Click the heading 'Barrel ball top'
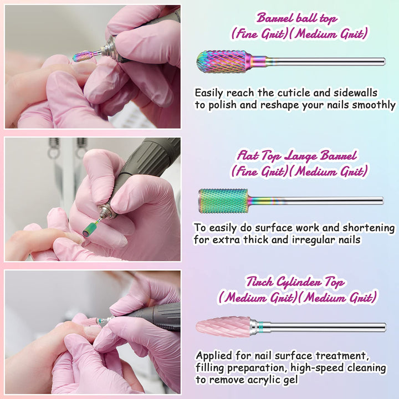(296, 18)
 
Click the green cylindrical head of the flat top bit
(223, 201)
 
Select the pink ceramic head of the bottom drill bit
(223, 327)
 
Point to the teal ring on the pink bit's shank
(260, 326)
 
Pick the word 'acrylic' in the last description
(264, 380)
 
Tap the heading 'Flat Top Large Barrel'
(296, 156)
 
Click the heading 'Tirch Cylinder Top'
(296, 282)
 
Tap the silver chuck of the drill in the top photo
(110, 49)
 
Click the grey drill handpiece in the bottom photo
(153, 317)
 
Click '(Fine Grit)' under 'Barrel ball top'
(259, 34)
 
